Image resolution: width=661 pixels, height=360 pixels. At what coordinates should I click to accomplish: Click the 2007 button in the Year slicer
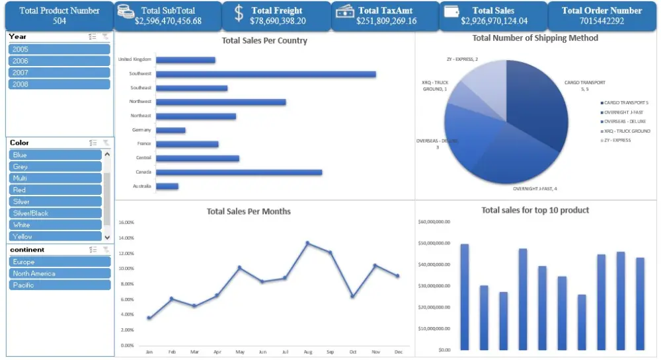pyautogui.click(x=59, y=73)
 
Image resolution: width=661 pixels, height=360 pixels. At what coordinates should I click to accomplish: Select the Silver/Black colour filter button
pyautogui.click(x=56, y=213)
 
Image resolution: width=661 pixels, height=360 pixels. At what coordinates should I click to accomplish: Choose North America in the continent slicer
pyautogui.click(x=59, y=273)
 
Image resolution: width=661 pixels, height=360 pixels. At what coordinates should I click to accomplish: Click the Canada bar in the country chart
pyautogui.click(x=239, y=172)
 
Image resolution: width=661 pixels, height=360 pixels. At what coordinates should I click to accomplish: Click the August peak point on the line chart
pyautogui.click(x=307, y=243)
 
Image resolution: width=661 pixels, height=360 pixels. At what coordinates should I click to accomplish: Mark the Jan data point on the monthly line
pyautogui.click(x=149, y=318)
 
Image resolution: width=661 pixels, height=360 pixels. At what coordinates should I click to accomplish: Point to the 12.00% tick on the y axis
pyautogui.click(x=126, y=253)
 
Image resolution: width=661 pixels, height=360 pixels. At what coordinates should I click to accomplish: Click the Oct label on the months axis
pyautogui.click(x=353, y=352)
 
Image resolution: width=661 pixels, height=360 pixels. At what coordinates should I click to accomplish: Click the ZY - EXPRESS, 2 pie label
pyautogui.click(x=462, y=59)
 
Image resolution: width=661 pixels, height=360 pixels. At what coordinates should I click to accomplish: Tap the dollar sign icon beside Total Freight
pyautogui.click(x=239, y=13)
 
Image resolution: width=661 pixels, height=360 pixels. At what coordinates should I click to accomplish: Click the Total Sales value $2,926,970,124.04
pyautogui.click(x=494, y=21)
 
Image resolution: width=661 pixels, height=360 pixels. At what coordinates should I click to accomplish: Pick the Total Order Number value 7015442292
pyautogui.click(x=602, y=21)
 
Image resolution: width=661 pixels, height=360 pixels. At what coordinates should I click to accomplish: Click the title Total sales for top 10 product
pyautogui.click(x=535, y=210)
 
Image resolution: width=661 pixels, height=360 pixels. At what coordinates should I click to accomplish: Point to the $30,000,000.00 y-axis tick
pyautogui.click(x=435, y=286)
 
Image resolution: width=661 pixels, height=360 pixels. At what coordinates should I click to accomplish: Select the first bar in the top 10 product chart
pyautogui.click(x=465, y=297)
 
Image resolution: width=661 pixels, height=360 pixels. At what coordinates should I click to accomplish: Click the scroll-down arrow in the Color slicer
pyautogui.click(x=107, y=236)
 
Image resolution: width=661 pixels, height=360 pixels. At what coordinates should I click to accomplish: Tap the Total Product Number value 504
pyautogui.click(x=59, y=21)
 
